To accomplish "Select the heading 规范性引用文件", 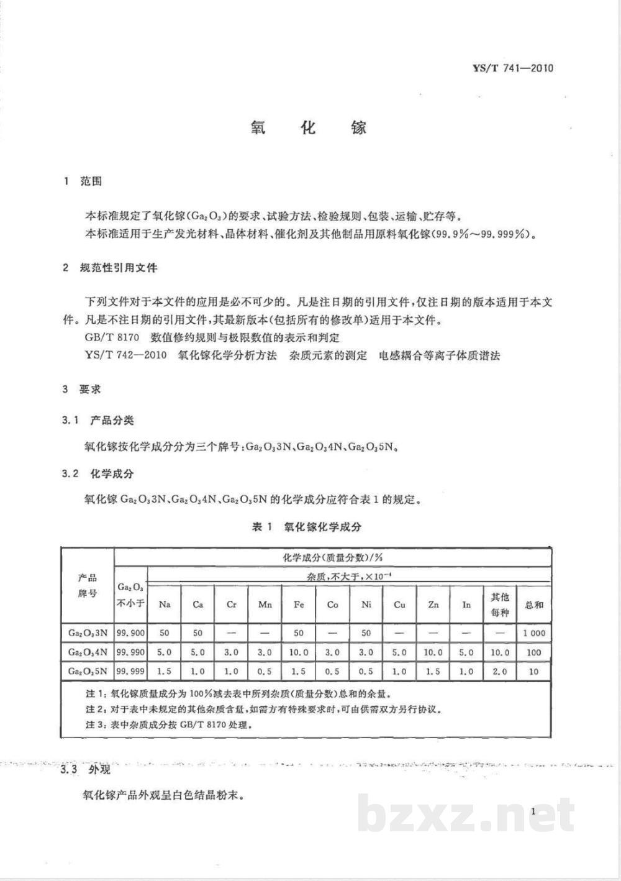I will click(119, 268).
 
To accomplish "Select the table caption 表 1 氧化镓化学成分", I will click(306, 527).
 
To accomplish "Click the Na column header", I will click(165, 604).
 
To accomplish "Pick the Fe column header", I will click(299, 604).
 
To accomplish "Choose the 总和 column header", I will click(534, 604).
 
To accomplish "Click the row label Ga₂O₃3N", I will click(88, 633).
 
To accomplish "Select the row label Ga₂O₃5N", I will click(88, 671).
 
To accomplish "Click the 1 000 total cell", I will click(534, 633).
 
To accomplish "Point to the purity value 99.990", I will click(130, 652).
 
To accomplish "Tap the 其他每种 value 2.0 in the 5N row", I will click(500, 671).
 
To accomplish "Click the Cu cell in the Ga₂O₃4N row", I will click(399, 652).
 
